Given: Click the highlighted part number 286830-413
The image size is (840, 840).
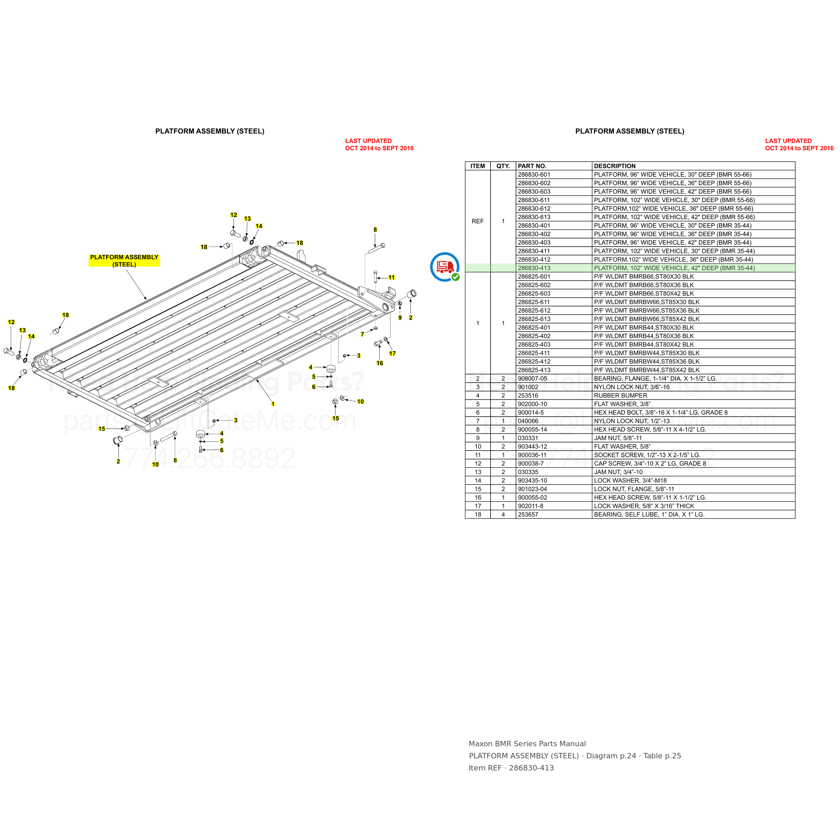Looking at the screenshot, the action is [x=534, y=268].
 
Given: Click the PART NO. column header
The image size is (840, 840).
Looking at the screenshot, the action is [x=532, y=166].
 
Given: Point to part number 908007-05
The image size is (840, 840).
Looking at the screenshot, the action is [x=532, y=379].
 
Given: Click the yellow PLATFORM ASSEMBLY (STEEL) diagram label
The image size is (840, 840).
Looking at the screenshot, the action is [x=124, y=261].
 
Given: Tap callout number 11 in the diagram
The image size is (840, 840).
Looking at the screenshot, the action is [x=392, y=278].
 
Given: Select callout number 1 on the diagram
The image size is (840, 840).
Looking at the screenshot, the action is [x=273, y=404].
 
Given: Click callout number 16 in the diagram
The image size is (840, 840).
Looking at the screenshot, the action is [x=380, y=363].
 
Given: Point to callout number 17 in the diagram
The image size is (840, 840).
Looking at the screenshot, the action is [x=392, y=353].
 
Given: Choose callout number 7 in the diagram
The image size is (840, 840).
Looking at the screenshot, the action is [x=362, y=334].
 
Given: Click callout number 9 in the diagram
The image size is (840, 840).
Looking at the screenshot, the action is [x=400, y=318].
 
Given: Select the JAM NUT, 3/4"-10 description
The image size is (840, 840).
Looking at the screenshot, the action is [x=618, y=472].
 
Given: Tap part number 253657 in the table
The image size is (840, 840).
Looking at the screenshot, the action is [x=528, y=515].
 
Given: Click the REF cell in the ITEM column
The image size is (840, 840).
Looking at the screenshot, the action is [x=477, y=221].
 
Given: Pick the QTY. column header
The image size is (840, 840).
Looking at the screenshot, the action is [x=503, y=166].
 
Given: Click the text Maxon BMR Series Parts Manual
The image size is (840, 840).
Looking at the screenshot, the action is [x=527, y=744].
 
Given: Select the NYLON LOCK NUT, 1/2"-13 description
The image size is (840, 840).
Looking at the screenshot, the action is [x=632, y=421].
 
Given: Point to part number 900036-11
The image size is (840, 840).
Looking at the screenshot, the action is [x=532, y=455].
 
